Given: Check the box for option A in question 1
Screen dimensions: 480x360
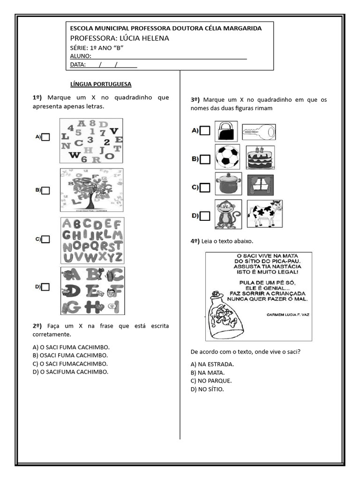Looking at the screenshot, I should pyautogui.click(x=45, y=137).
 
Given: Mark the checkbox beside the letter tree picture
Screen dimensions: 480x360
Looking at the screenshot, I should pyautogui.click(x=45, y=190).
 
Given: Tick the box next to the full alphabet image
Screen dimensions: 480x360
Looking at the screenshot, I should pyautogui.click(x=45, y=239).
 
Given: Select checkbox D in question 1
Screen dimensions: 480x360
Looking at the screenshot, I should pyautogui.click(x=45, y=287).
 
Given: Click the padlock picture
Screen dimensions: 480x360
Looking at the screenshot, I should pyautogui.click(x=226, y=131).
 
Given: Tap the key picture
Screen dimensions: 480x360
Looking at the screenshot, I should pyautogui.click(x=259, y=132).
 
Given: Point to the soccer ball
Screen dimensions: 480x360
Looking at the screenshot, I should pyautogui.click(x=227, y=157).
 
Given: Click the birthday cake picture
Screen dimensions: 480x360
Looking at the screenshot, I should pyautogui.click(x=261, y=157).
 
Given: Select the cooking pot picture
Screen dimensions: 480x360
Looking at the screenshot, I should pyautogui.click(x=228, y=184).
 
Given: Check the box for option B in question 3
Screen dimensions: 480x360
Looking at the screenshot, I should pyautogui.click(x=205, y=159).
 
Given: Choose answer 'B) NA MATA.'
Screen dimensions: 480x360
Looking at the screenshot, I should pyautogui.click(x=208, y=373).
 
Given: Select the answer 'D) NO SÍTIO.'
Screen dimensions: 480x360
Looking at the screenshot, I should pyautogui.click(x=207, y=390).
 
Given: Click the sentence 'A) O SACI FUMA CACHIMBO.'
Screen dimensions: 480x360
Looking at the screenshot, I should pyautogui.click(x=71, y=347).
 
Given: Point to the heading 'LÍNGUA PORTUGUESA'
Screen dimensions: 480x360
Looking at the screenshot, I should pyautogui.click(x=101, y=84).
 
